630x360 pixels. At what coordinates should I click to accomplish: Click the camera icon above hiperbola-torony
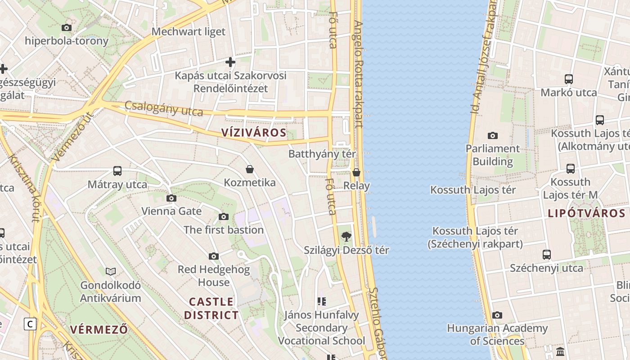click(67, 27)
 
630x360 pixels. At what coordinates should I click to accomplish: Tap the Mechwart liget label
click(188, 31)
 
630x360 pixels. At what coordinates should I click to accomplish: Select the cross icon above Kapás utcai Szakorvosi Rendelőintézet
click(230, 62)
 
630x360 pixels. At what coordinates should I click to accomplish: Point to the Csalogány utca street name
click(164, 108)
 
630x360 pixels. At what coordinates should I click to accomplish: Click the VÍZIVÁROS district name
click(254, 132)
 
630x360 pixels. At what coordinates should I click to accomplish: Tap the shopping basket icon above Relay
click(356, 172)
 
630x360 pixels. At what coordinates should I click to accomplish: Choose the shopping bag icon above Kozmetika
click(250, 169)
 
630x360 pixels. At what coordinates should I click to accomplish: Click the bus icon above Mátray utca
click(117, 171)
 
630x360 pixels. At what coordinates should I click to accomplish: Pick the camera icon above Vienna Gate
click(171, 198)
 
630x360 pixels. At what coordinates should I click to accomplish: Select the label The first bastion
click(223, 230)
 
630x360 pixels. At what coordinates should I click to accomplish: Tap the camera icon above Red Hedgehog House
click(214, 256)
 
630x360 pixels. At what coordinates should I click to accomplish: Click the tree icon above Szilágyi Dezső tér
click(346, 236)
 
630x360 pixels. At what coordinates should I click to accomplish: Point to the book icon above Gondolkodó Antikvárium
click(111, 271)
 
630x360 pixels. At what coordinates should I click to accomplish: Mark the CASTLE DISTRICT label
click(211, 308)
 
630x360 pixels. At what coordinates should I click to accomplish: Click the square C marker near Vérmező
click(30, 324)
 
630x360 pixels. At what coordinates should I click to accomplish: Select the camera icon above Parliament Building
click(493, 135)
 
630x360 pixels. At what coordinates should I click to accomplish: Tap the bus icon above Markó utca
click(569, 79)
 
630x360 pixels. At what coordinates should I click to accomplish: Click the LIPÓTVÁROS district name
click(586, 214)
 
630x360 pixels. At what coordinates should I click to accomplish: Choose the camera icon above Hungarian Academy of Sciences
click(497, 315)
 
